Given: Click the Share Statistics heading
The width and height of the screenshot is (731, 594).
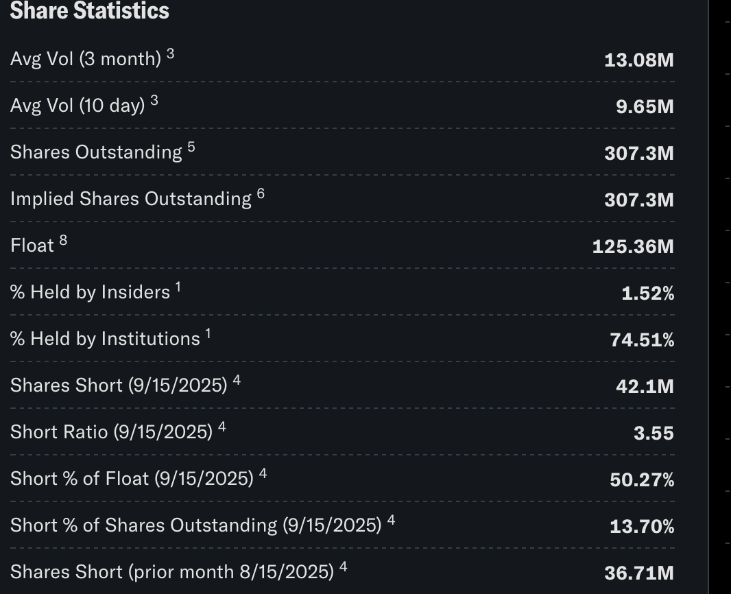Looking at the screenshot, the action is point(90,11).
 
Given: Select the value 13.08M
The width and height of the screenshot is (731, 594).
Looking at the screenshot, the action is point(638,60).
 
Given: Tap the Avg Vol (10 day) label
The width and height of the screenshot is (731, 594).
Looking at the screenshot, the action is point(78,106).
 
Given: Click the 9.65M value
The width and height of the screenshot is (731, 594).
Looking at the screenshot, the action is point(645,107).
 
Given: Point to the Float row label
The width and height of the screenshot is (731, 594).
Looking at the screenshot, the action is point(32,246).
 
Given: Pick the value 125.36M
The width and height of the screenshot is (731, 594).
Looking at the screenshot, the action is point(633,247).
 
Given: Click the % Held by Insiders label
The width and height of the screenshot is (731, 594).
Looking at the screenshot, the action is point(90,292).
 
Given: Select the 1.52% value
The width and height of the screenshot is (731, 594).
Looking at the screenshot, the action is point(647,294).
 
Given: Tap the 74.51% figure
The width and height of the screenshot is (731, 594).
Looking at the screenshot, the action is point(642,340).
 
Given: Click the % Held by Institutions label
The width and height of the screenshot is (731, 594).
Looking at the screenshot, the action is point(105,339).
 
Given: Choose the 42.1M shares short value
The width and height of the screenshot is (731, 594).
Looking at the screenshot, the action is point(645,387).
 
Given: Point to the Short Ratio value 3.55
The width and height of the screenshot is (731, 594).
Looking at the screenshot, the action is point(654,433).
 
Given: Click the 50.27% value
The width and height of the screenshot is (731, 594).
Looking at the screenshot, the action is point(642,479).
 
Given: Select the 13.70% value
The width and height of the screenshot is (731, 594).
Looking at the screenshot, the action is point(642,526).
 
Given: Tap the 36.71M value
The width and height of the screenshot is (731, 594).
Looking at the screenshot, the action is point(638,573).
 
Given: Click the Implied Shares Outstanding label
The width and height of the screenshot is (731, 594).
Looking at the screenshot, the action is point(131,199).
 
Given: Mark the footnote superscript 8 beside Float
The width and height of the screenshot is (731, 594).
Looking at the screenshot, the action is point(63,241).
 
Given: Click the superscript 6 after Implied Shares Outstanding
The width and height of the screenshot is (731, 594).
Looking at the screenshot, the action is point(261,194).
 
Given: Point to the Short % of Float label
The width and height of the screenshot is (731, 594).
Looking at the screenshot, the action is point(132,479).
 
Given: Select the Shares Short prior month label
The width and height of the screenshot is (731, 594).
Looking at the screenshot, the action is point(172,572).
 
